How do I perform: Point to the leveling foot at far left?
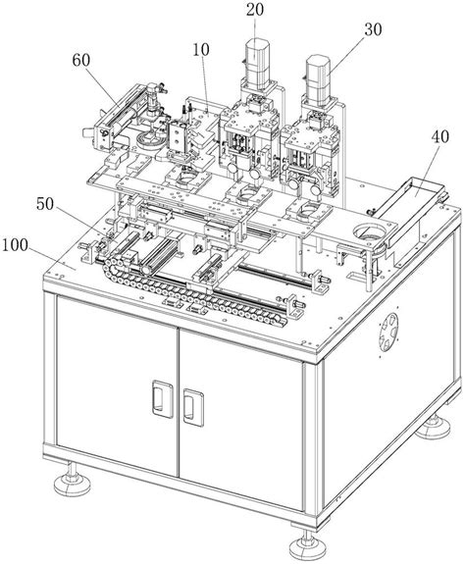click(71, 482)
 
